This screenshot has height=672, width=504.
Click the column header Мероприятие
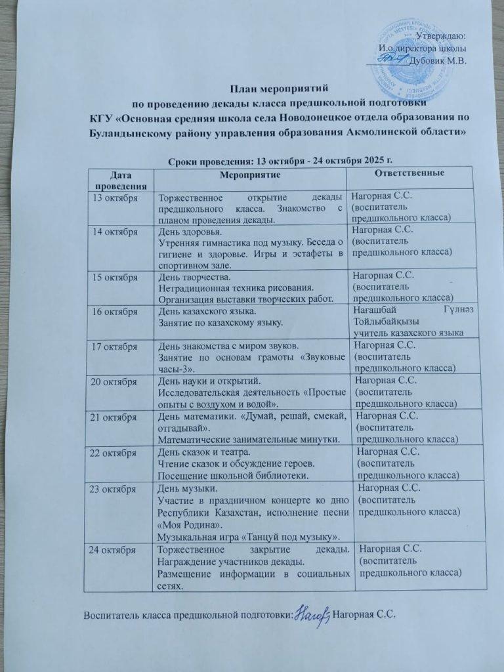coord(250,175)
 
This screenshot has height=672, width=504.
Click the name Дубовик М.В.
coord(436,61)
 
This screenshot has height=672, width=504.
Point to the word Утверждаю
coord(441,35)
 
